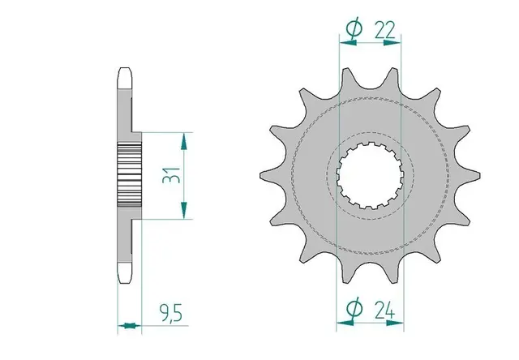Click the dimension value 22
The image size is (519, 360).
[385, 31]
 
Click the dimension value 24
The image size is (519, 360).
[385, 310]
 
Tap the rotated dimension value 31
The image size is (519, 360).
[171, 175]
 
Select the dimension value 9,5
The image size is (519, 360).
[171, 313]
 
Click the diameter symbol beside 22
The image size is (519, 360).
[354, 29]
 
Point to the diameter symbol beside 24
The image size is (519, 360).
[354, 308]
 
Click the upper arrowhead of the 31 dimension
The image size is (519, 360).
[184, 141]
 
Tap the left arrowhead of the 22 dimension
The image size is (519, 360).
[348, 43]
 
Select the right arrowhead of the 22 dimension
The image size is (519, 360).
[392, 43]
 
